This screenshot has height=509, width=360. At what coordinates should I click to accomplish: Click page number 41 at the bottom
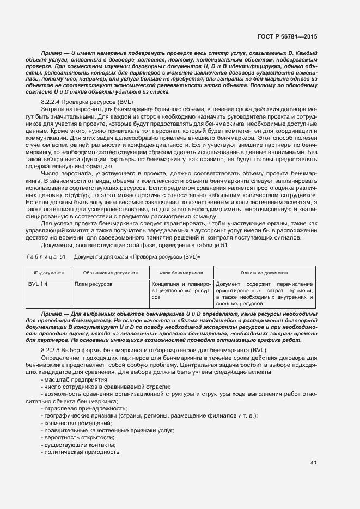pos(313,462)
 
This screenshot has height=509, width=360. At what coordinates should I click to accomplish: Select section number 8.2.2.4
pos(53,103)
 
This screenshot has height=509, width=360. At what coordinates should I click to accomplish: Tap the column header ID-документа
pos(49,272)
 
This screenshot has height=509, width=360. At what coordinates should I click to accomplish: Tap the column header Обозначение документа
pos(110,272)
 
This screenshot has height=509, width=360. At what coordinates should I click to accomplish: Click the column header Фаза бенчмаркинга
pos(181,272)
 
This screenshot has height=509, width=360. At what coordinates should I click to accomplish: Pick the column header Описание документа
pos(265,272)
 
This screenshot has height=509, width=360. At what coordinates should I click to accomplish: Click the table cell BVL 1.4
pos(38,284)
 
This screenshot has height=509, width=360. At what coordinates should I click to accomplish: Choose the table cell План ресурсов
pos(94,284)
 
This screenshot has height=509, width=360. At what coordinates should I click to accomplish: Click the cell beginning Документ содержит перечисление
pos(265,295)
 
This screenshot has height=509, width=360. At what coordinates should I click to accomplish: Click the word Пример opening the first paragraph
pos(51,52)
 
